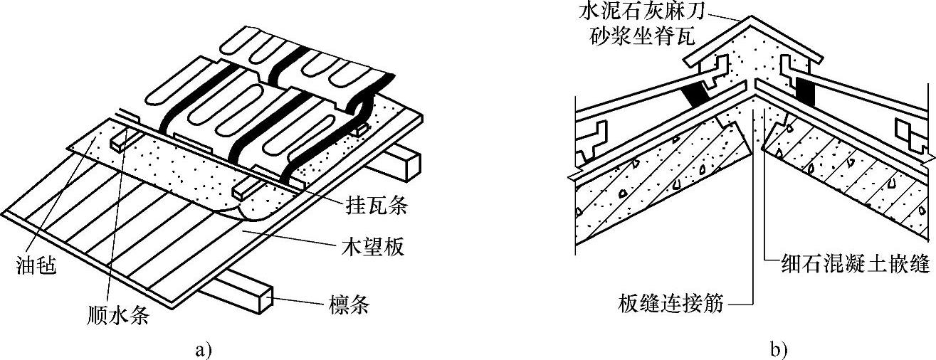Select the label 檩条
345,306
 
